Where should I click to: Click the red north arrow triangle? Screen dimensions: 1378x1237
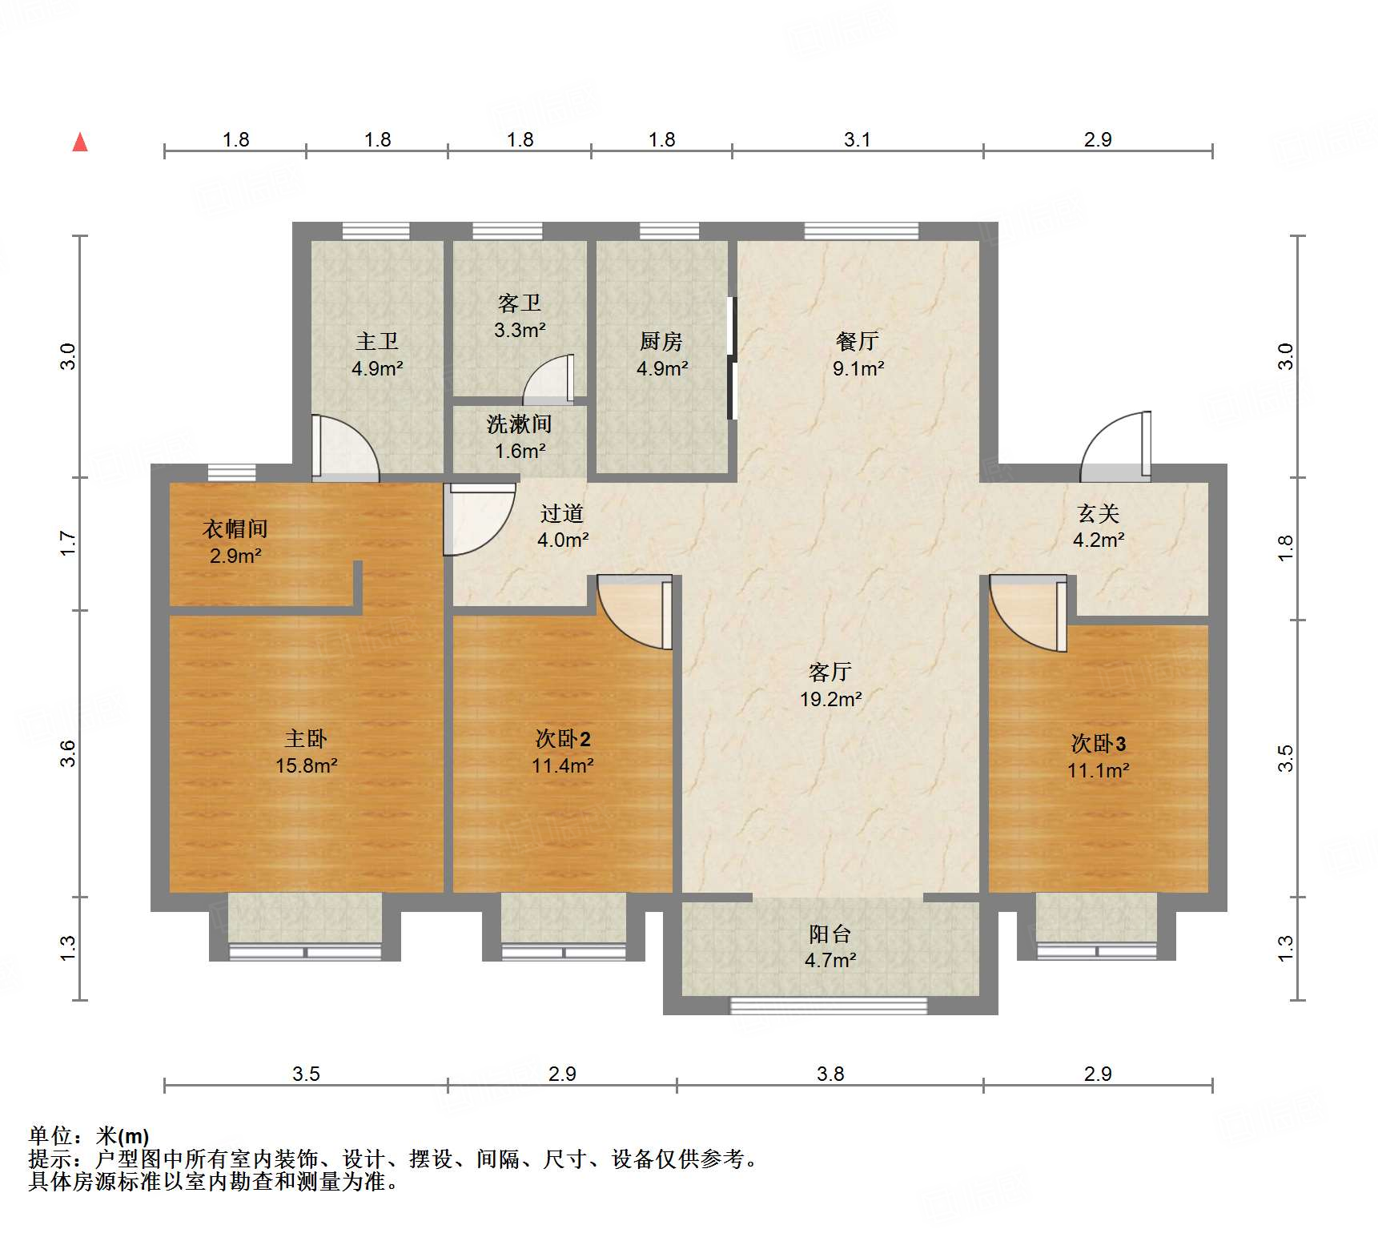point(80,143)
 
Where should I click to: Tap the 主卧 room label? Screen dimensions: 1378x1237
point(306,738)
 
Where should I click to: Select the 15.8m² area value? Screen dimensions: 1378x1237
point(306,765)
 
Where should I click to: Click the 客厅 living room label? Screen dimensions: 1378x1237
point(830,672)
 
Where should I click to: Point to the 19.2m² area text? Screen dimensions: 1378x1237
point(830,699)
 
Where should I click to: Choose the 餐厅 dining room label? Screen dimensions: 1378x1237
point(858,341)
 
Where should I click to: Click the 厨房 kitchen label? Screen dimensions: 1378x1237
point(661,341)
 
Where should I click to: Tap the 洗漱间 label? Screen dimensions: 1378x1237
point(519,424)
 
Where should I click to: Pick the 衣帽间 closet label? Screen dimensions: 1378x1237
point(235,528)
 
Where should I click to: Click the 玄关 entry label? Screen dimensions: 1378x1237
point(1098,513)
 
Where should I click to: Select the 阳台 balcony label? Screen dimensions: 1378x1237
point(830,934)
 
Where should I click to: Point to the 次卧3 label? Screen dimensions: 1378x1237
point(1098,744)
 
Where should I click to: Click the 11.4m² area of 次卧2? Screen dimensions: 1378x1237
point(562,765)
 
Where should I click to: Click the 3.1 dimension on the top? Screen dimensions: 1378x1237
point(857,139)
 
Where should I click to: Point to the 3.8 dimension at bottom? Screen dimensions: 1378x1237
point(830,1074)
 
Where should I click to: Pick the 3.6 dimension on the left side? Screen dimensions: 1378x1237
point(68,753)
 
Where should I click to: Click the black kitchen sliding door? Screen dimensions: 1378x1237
point(731,358)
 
